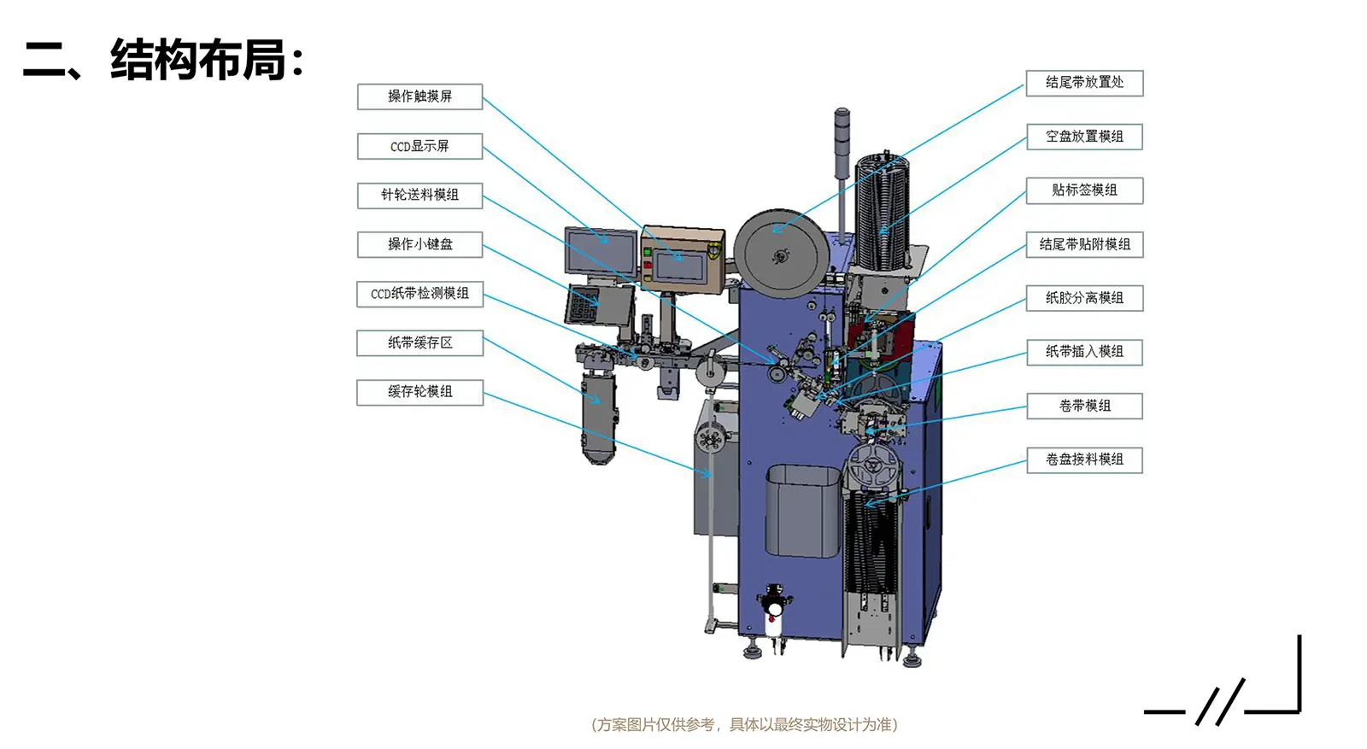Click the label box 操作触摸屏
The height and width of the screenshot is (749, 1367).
(x=419, y=97)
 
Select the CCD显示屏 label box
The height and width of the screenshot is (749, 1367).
(x=419, y=146)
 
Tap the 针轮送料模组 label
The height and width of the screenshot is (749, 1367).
(x=419, y=196)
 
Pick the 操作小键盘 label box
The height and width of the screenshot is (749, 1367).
(x=419, y=244)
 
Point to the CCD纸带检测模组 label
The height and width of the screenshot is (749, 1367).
(x=419, y=294)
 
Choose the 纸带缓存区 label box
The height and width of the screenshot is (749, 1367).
(x=419, y=343)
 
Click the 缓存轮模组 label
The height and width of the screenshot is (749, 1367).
(x=419, y=392)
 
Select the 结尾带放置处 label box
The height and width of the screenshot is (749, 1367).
(x=1084, y=83)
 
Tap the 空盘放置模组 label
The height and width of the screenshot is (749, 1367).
(x=1084, y=137)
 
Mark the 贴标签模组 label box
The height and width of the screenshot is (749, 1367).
(x=1084, y=190)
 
